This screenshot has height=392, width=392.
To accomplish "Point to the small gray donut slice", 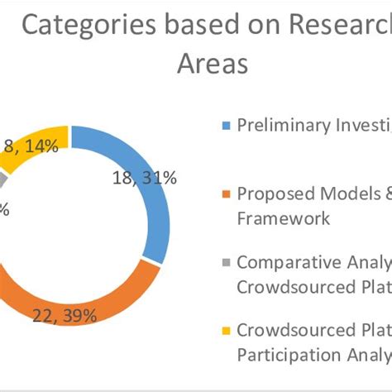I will point(5,177).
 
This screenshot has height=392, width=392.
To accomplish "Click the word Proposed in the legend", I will point(269,194).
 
